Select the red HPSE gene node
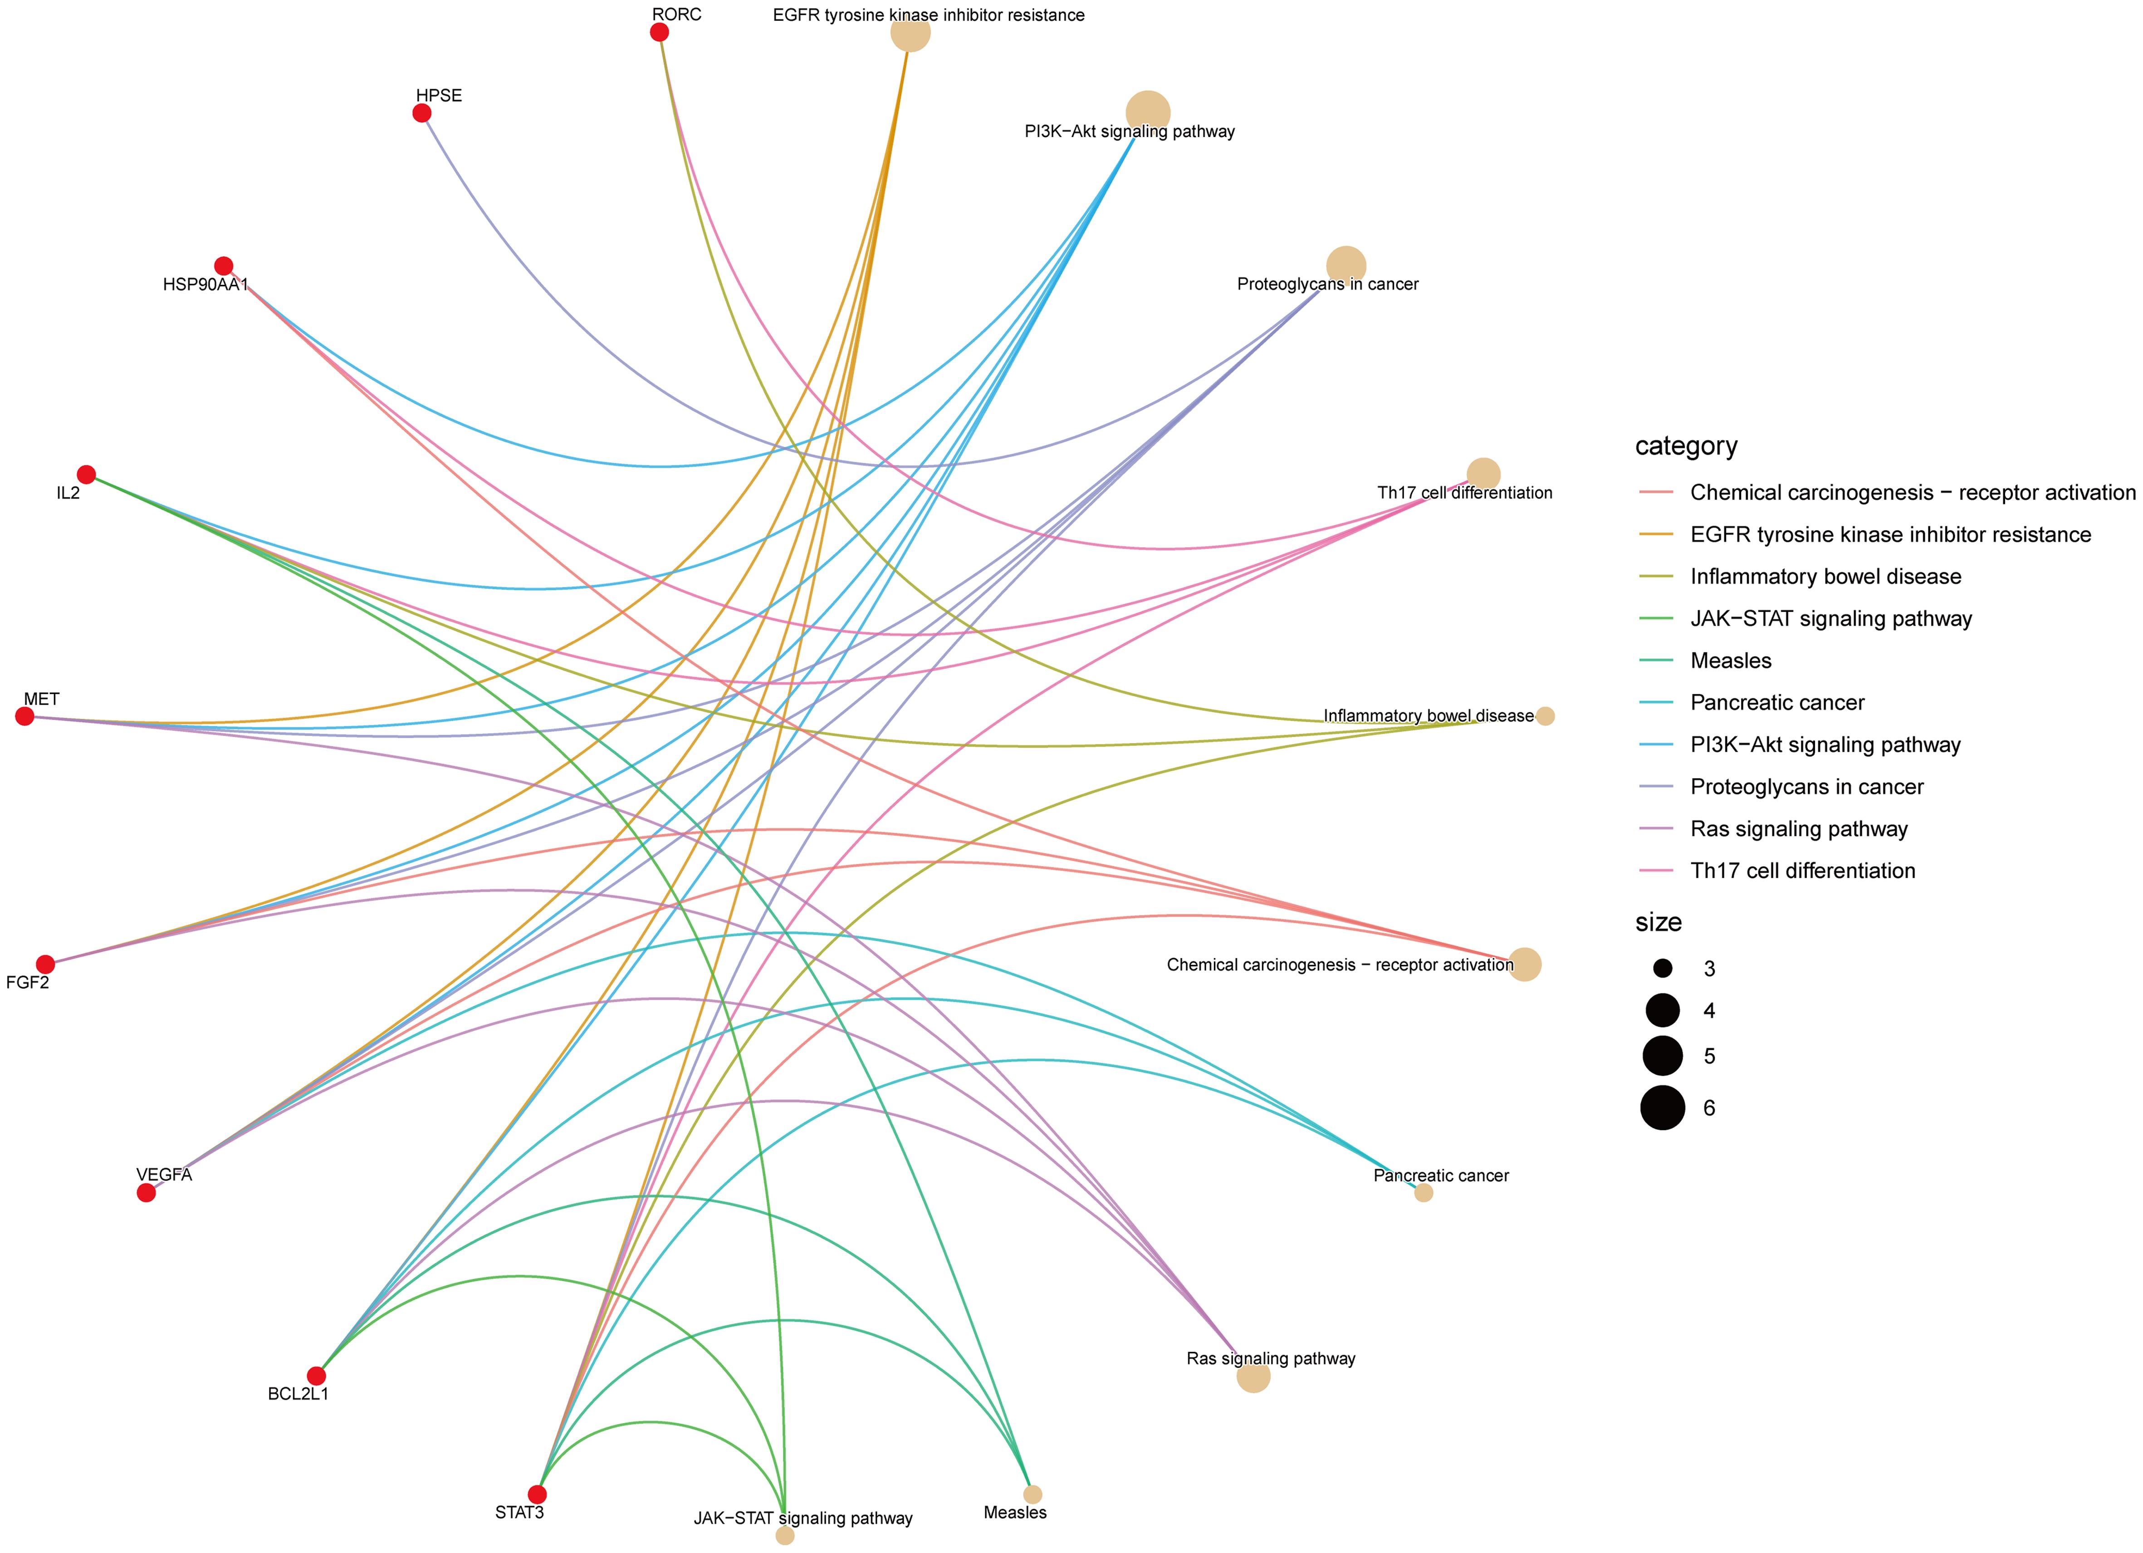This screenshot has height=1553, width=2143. coord(422,113)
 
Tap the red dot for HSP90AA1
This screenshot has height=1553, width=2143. coord(224,265)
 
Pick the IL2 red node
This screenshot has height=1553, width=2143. coord(86,475)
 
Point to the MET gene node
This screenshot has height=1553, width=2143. coord(25,716)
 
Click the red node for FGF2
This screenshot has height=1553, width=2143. coord(45,964)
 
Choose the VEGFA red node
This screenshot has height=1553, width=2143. coord(147,1193)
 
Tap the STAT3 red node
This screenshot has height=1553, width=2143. coord(537,1494)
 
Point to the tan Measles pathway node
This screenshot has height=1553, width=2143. coord(1033,1494)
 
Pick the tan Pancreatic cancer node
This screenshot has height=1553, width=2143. coord(1424,1193)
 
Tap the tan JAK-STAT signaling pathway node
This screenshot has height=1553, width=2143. coord(784,1536)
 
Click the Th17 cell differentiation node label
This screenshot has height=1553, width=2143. coord(1464,492)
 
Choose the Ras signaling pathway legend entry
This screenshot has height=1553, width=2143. coord(1799,829)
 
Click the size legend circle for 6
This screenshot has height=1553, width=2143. coord(1663,1108)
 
